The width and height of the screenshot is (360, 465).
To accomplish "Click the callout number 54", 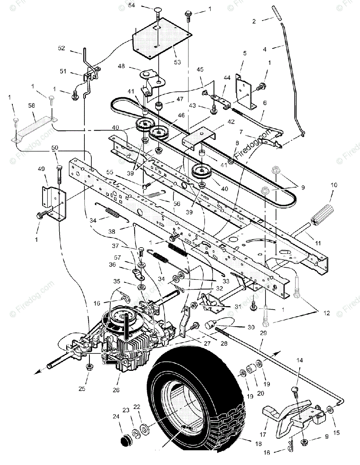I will (132, 5).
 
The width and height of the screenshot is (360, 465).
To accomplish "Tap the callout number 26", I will (116, 388).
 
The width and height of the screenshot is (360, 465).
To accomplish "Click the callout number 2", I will (254, 21).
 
